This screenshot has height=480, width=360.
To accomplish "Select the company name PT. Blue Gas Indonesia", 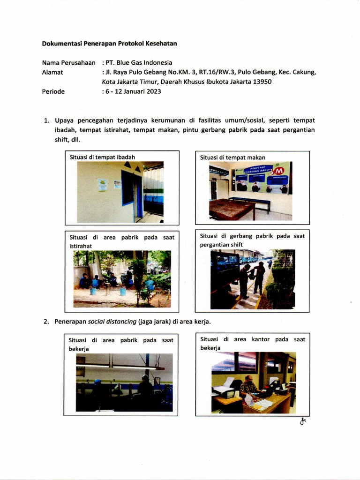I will pyautogui.click(x=139, y=62).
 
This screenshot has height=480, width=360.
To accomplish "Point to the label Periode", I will pyautogui.click(x=53, y=91).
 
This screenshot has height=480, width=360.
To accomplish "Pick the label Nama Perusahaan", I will pyautogui.click(x=68, y=62).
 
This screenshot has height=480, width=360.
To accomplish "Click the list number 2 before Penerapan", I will pyautogui.click(x=46, y=322).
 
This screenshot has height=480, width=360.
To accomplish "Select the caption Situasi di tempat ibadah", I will pyautogui.click(x=103, y=157).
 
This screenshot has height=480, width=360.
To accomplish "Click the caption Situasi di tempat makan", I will pyautogui.click(x=232, y=157).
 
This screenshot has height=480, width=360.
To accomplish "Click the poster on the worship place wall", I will pyautogui.click(x=103, y=184).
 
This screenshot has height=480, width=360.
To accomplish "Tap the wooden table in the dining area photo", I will pyautogui.click(x=232, y=208).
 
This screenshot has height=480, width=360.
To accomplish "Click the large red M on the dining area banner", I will pyautogui.click(x=273, y=177).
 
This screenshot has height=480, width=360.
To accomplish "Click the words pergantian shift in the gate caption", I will pyautogui.click(x=221, y=245).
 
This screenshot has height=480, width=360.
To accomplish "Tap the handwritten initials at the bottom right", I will pyautogui.click(x=303, y=421).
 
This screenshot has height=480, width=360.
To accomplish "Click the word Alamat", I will pyautogui.click(x=52, y=72).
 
